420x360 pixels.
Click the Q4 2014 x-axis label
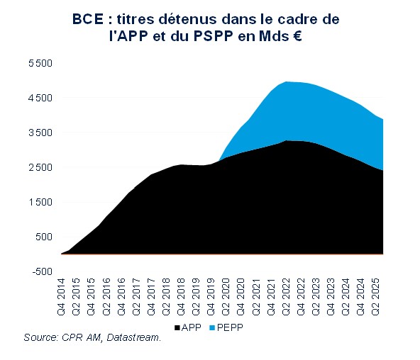(x=62, y=298)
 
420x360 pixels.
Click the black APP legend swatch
(x=177, y=328)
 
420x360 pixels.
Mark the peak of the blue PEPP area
(x=287, y=81)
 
